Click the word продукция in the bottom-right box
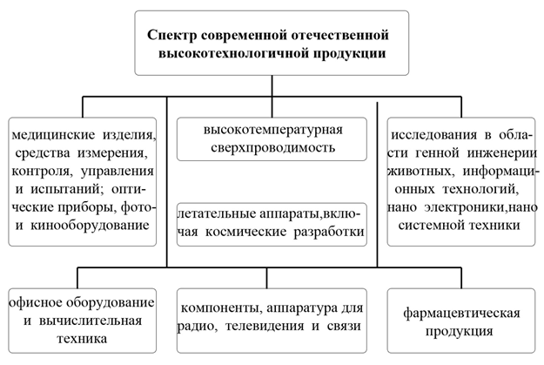pyautogui.click(x=460, y=331)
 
